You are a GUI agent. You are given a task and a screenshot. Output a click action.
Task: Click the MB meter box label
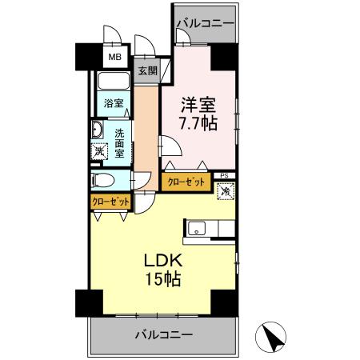[115, 58]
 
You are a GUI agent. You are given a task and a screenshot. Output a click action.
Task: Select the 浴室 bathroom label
[113, 103]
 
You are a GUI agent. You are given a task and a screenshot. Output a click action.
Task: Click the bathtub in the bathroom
[113, 83]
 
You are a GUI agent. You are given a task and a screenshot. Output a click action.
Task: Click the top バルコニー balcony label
[206, 25]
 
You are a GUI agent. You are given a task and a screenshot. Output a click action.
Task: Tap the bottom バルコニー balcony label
[162, 333]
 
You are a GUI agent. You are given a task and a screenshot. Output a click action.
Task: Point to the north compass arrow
[272, 337]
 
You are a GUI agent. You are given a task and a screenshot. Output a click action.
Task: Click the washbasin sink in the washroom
[96, 130]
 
